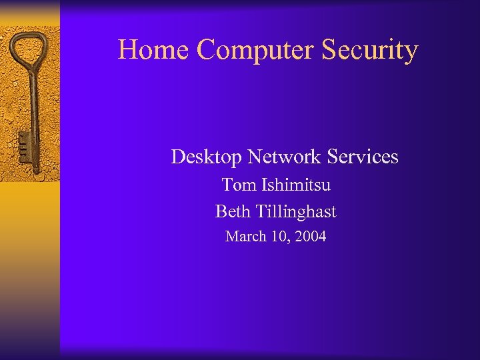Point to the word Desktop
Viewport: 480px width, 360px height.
(x=207, y=157)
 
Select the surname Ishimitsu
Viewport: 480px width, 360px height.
(x=293, y=185)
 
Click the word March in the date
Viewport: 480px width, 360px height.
(x=245, y=236)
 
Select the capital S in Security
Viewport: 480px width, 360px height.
(x=331, y=50)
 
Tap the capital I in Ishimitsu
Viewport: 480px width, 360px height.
(x=260, y=185)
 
